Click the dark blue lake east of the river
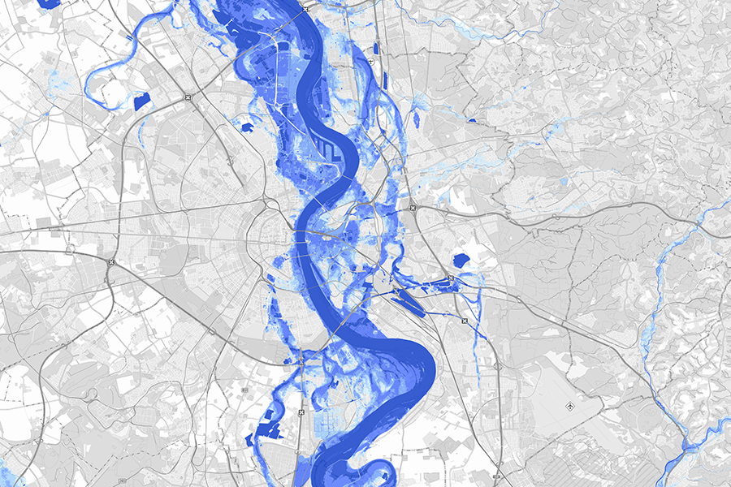[x=461, y=261]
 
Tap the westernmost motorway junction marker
[x=111, y=262]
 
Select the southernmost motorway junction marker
[x=302, y=412]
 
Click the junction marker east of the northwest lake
[x=188, y=97]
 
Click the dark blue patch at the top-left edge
[x=50, y=3]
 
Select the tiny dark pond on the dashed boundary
[x=471, y=121]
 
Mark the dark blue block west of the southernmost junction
[x=262, y=434]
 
